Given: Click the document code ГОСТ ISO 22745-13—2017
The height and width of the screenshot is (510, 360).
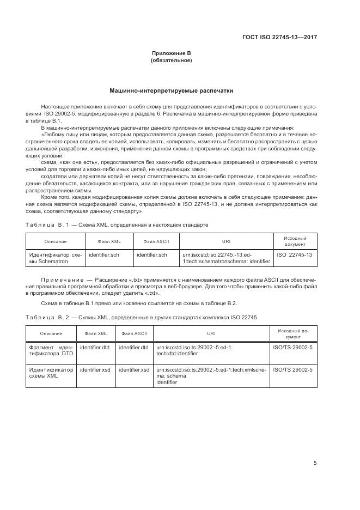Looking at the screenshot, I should pyautogui.click(x=279, y=38).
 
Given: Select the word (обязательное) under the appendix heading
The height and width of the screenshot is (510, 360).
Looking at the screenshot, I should pyautogui.click(x=172, y=60).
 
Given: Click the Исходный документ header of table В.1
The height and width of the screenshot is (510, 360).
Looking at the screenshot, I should pyautogui.click(x=295, y=241).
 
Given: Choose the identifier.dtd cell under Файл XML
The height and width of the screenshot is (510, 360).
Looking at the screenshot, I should pyautogui.click(x=95, y=347).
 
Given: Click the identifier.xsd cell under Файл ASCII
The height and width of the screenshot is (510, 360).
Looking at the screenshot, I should pyautogui.click(x=134, y=369).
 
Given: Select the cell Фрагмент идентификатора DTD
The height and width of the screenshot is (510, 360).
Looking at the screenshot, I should pyautogui.click(x=50, y=350).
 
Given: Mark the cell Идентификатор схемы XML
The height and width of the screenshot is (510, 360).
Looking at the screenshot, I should pyautogui.click(x=50, y=373).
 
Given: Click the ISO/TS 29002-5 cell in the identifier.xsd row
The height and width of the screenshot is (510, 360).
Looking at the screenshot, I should pyautogui.click(x=292, y=369).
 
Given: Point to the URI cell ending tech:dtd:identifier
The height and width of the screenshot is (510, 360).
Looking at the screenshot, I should pyautogui.click(x=194, y=350).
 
